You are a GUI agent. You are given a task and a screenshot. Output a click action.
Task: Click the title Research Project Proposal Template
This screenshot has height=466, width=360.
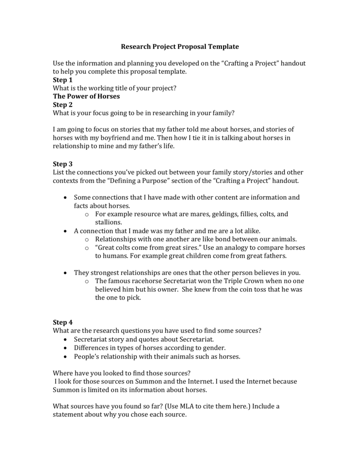179,46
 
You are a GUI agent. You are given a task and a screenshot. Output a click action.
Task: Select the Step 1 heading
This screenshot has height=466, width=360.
63,80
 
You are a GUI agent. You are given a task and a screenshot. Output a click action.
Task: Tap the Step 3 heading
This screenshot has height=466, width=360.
63,164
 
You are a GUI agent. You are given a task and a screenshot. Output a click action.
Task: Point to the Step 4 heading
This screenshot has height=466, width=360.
63,322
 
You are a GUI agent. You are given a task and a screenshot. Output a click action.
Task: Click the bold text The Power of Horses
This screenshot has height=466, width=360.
86,96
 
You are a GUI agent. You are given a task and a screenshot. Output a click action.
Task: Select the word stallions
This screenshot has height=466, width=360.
108,222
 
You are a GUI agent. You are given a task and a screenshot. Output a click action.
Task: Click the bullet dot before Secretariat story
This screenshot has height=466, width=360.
67,339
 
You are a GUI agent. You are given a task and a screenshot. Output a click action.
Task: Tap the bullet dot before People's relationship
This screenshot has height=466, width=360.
67,356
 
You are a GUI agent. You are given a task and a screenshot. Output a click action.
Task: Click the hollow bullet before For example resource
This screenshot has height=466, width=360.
87,214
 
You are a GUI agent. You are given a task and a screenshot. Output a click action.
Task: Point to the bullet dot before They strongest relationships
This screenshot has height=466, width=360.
67,273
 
